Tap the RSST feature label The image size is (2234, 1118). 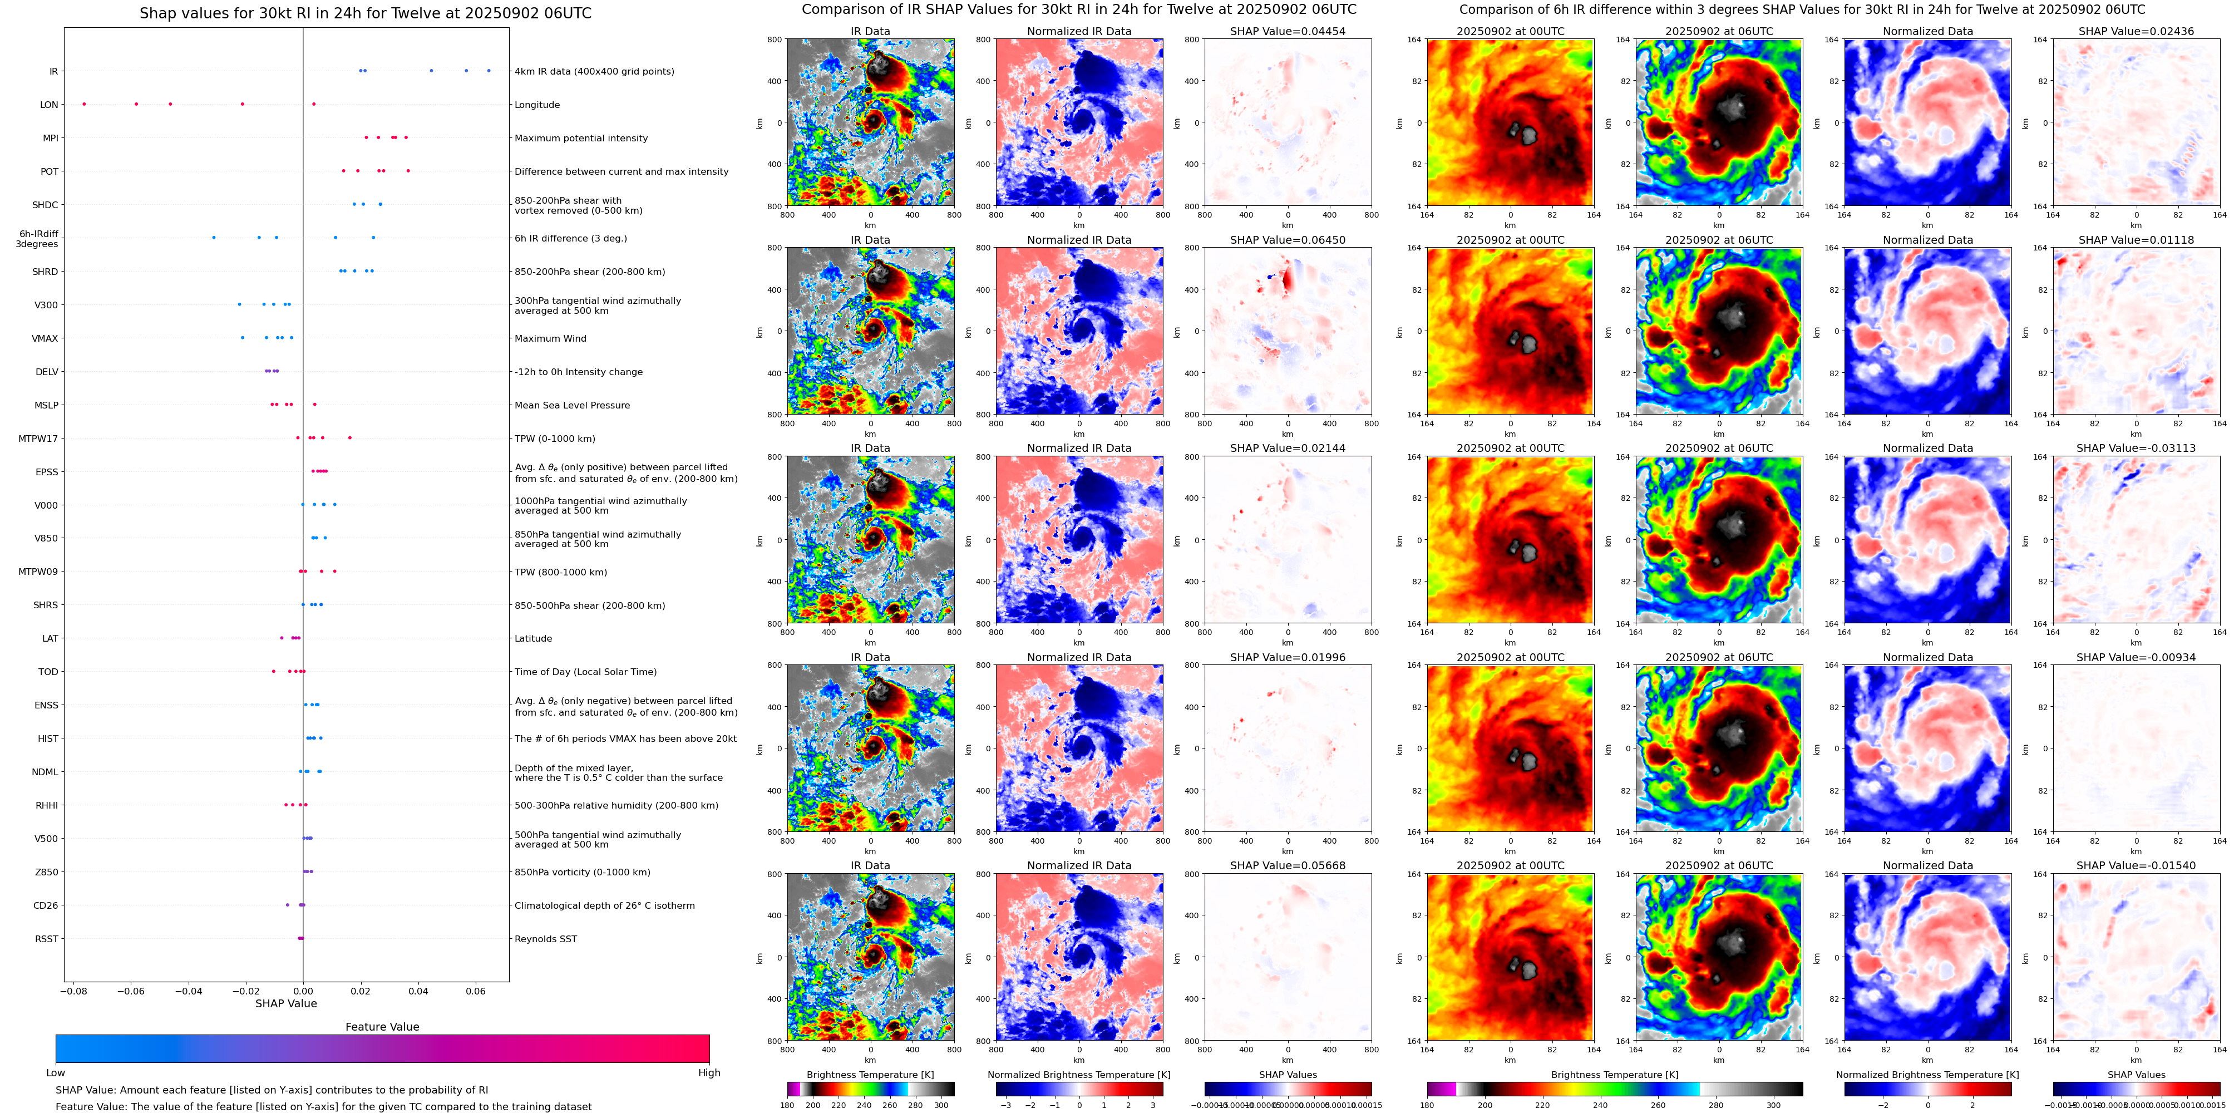(47, 938)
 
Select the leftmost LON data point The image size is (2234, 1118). (84, 104)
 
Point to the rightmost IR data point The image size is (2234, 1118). (489, 70)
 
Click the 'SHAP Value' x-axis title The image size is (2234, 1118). (285, 1003)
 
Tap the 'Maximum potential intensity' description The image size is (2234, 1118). (580, 138)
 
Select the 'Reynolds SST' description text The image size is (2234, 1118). (545, 938)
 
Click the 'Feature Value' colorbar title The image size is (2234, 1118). (382, 1027)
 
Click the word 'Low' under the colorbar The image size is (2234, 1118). (56, 1073)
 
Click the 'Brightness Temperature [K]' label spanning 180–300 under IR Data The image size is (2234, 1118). (870, 1075)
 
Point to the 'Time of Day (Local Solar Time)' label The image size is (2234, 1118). (585, 671)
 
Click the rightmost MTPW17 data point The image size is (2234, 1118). (349, 438)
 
